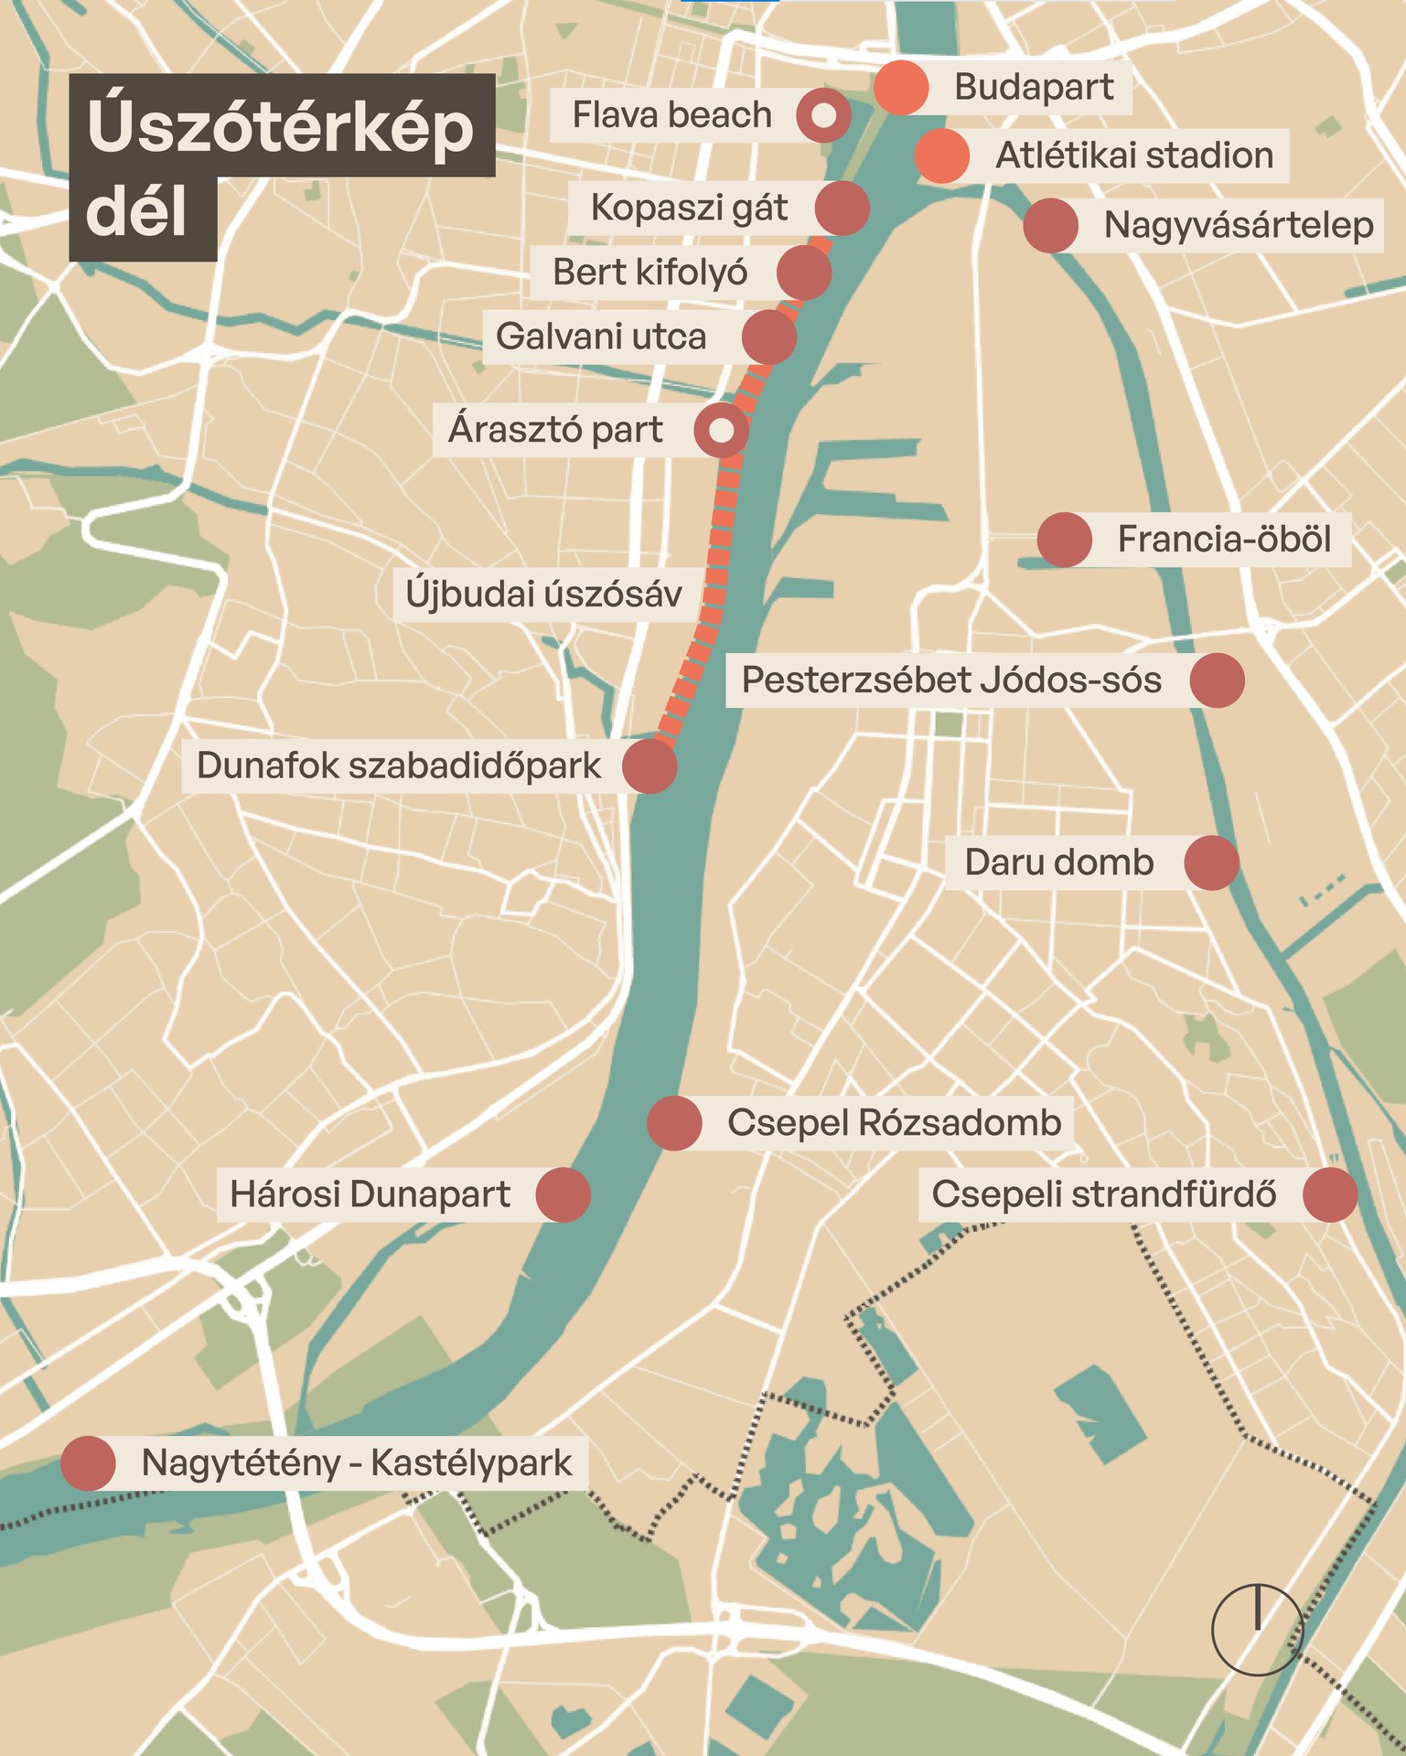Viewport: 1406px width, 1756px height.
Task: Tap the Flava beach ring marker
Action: tap(823, 115)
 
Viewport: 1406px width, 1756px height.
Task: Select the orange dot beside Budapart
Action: tap(901, 88)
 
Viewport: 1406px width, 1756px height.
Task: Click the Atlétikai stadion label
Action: tap(1134, 155)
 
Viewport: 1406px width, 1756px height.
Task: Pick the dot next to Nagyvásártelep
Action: tap(1050, 226)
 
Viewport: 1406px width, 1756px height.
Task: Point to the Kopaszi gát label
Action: tap(688, 208)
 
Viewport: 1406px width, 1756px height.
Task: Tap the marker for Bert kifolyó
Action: tap(803, 273)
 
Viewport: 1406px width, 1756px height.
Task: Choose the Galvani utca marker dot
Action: tap(769, 337)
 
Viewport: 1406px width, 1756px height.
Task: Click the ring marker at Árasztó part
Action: tap(721, 430)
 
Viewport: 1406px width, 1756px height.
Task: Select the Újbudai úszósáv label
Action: tap(543, 594)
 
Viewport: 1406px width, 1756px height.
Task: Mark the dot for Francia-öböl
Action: tap(1065, 540)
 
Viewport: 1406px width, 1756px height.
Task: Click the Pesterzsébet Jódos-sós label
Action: tap(951, 680)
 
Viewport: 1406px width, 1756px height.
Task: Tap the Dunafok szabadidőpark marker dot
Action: tap(649, 766)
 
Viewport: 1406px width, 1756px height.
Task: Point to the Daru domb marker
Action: tap(1211, 862)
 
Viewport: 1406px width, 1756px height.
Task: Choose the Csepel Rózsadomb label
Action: tap(894, 1123)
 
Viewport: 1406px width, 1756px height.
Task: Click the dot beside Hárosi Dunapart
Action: tap(563, 1194)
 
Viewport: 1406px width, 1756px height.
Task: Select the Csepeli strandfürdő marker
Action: tap(1329, 1194)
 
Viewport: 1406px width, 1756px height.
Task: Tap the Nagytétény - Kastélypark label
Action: tap(357, 1463)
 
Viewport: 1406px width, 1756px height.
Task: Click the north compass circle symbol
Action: tap(1257, 1631)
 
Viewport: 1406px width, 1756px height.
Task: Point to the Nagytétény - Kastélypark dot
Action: tap(88, 1463)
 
